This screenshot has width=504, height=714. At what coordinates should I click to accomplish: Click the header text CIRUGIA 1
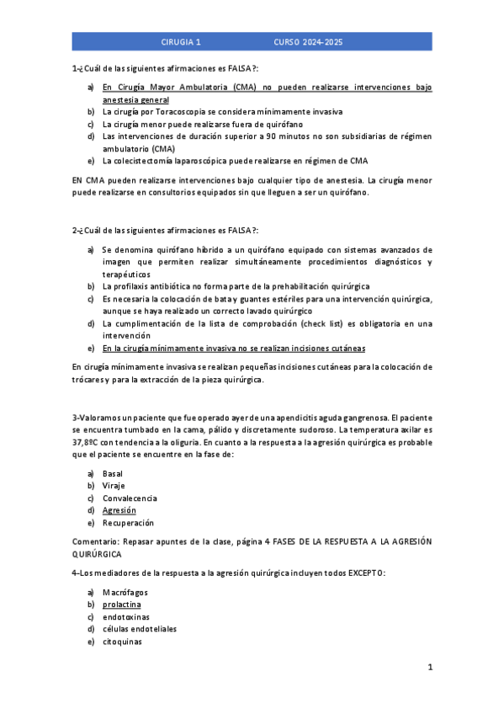coord(181,41)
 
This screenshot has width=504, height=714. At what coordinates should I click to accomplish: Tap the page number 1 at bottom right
coord(429,668)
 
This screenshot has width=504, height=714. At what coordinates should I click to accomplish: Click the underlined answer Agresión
coord(119,510)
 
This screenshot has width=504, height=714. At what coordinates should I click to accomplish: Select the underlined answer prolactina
coord(122,605)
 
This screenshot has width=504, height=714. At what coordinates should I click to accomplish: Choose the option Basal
coord(113,473)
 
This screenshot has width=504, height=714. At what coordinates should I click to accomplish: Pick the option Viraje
coord(114,486)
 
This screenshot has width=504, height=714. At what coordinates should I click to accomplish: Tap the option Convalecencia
coord(130,498)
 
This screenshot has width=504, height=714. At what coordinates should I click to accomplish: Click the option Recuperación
coord(129,523)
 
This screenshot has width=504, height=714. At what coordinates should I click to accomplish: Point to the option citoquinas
coord(122,642)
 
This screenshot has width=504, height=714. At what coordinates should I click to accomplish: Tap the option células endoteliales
coord(140,629)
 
